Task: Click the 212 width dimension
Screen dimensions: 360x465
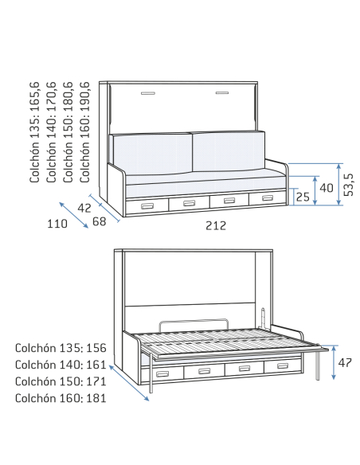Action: click(x=216, y=225)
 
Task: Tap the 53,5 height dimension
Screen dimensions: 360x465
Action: click(x=349, y=185)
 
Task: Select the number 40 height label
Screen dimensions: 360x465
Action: click(x=327, y=188)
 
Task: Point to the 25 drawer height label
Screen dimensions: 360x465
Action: click(x=303, y=197)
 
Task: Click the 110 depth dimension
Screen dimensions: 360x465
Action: click(x=57, y=224)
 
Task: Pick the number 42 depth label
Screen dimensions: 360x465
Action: click(x=84, y=208)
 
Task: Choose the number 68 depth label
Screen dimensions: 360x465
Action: click(x=99, y=221)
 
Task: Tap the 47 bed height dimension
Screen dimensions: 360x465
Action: click(x=345, y=362)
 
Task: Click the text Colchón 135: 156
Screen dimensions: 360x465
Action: click(x=61, y=348)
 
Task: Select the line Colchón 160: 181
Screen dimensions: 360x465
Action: click(x=61, y=398)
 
